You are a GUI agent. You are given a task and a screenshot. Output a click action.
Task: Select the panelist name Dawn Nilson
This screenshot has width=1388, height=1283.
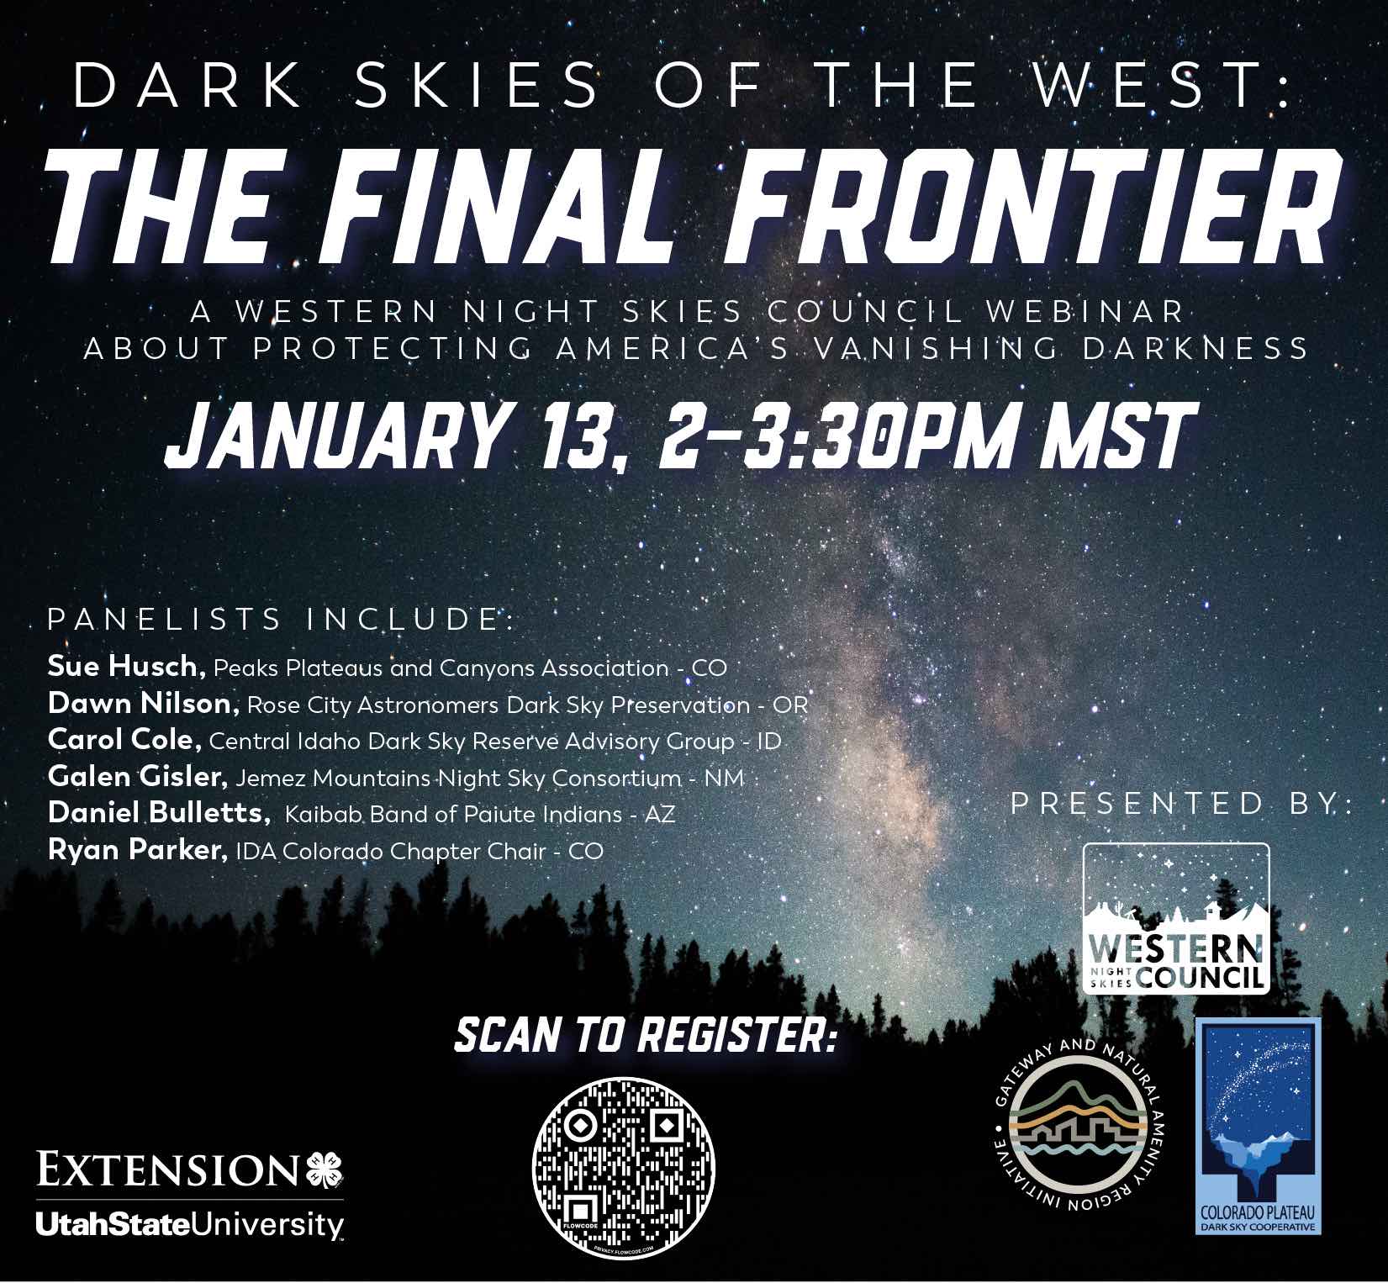(x=144, y=704)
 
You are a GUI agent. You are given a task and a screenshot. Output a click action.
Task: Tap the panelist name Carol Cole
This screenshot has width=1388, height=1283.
(x=124, y=740)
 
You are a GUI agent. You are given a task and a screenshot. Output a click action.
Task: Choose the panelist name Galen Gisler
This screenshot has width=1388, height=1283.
(x=138, y=777)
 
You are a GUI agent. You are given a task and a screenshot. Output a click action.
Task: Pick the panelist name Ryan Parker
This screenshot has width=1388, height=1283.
(x=138, y=850)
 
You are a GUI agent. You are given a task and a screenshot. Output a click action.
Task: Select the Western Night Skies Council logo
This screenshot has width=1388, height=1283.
(x=1175, y=918)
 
